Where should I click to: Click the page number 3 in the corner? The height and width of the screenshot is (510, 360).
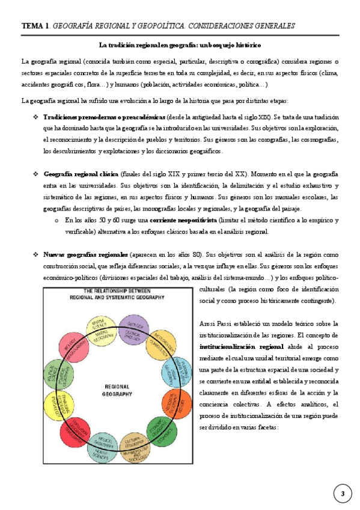point(342,494)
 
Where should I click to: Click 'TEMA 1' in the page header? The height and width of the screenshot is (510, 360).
point(35,26)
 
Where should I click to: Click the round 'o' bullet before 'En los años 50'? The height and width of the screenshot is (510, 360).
point(55,221)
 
